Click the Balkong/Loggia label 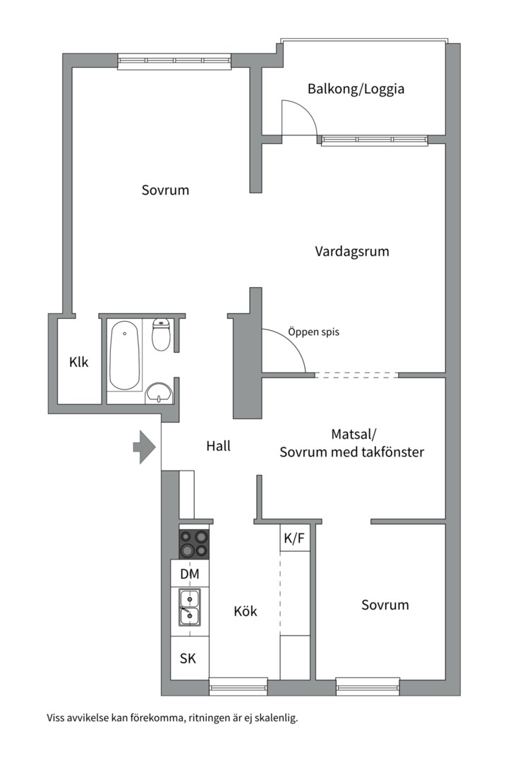[x=356, y=90]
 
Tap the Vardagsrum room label [x=352, y=252]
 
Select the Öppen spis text [x=313, y=332]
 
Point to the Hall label [x=218, y=446]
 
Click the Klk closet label [x=79, y=362]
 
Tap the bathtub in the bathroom [x=124, y=355]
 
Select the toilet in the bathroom [x=161, y=334]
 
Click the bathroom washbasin [x=159, y=393]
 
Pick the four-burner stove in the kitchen [x=195, y=544]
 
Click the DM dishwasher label [x=190, y=574]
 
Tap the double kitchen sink [x=189, y=607]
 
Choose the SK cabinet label [x=188, y=658]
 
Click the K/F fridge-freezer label [x=294, y=538]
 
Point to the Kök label [x=246, y=611]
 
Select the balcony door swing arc [x=306, y=111]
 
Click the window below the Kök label [x=238, y=687]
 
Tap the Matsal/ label [x=354, y=434]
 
